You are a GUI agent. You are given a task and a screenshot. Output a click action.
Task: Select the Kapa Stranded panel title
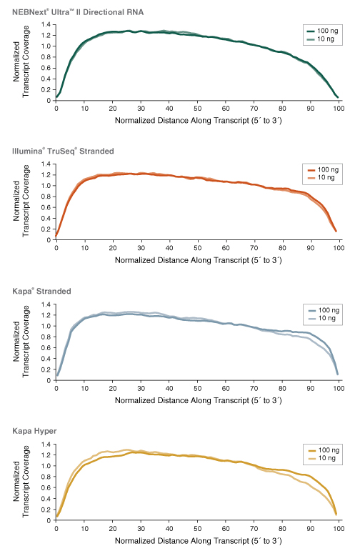click(x=41, y=291)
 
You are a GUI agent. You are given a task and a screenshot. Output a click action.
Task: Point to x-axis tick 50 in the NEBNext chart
click(x=197, y=108)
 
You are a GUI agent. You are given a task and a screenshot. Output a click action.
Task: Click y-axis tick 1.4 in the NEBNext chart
click(x=46, y=24)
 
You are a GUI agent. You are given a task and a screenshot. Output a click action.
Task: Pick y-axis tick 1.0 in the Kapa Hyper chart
click(x=46, y=465)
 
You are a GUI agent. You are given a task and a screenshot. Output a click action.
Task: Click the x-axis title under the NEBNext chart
click(x=198, y=120)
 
